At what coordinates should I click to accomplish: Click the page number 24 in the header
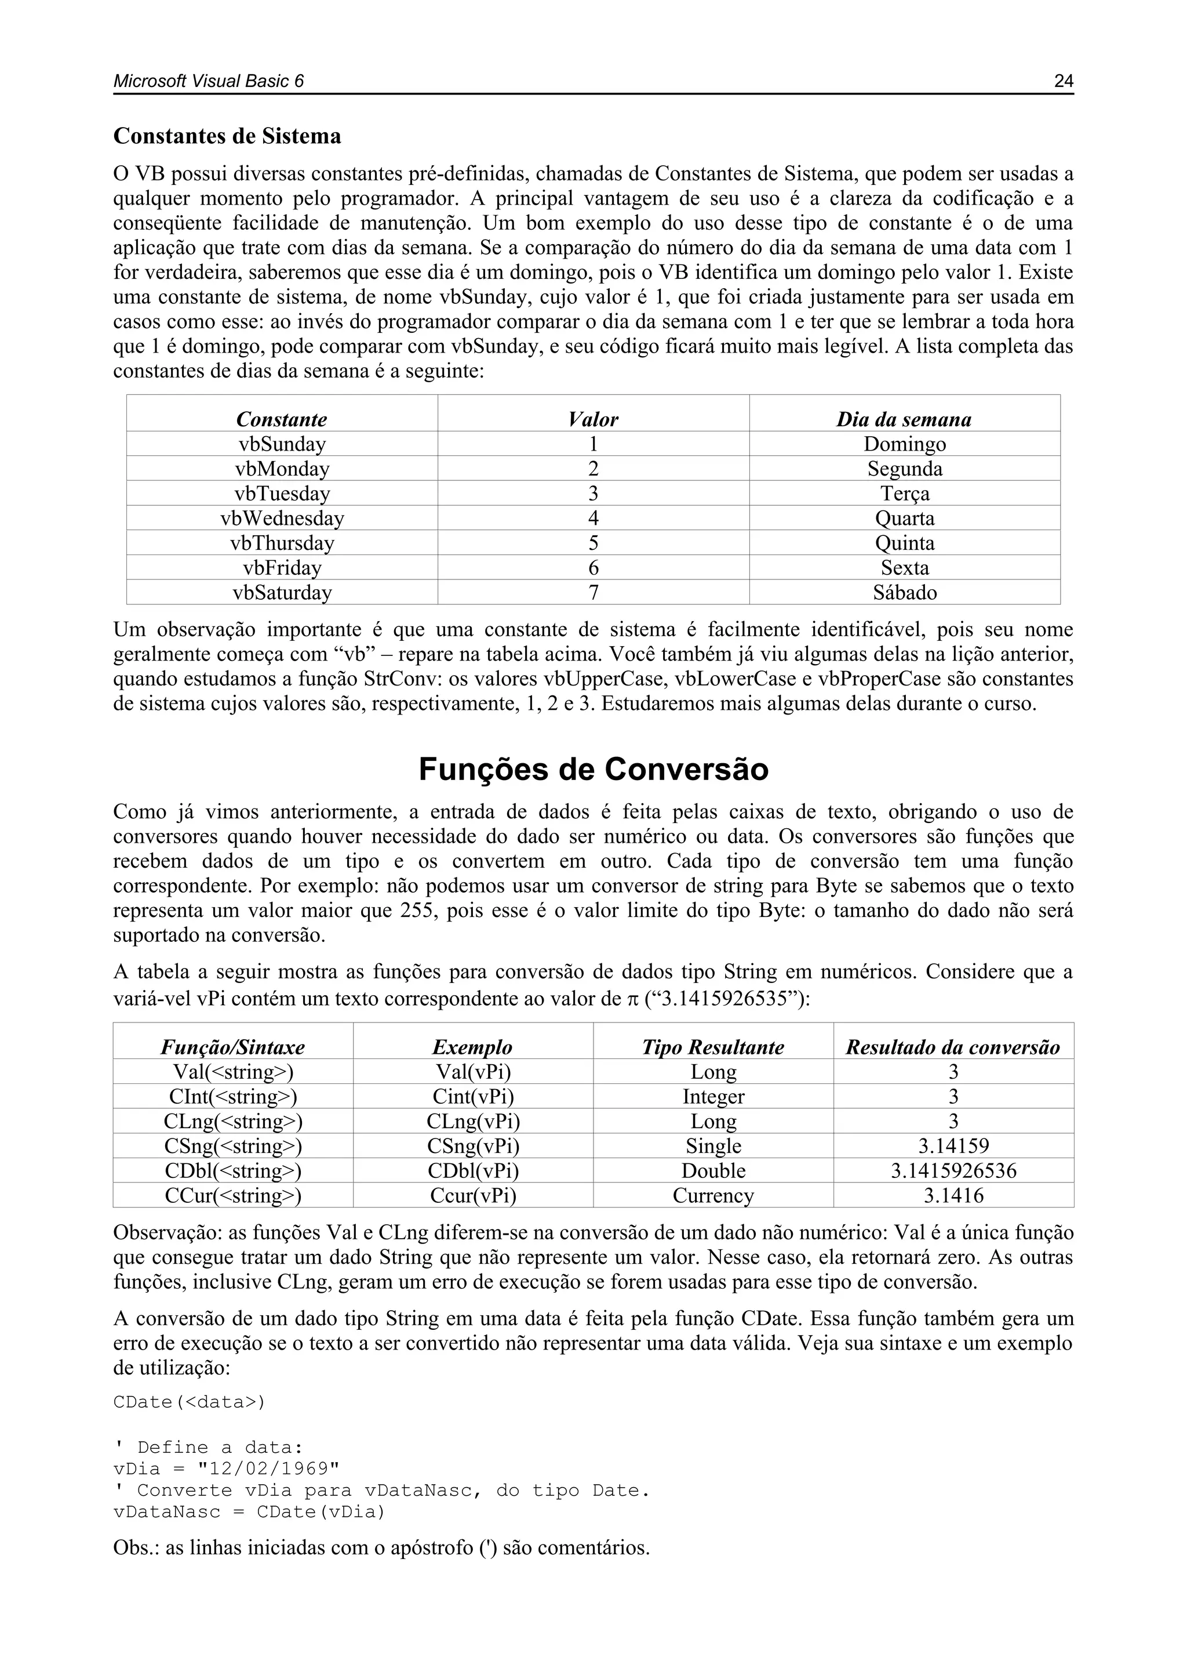click(x=1064, y=81)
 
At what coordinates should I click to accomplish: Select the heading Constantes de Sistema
click(x=227, y=137)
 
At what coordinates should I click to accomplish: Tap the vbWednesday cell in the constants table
click(x=282, y=518)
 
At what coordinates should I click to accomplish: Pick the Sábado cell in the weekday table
click(x=904, y=592)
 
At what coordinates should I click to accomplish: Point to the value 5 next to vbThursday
click(x=593, y=543)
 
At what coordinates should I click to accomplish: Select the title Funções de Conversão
click(x=593, y=769)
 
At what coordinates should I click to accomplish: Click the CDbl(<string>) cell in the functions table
click(x=233, y=1171)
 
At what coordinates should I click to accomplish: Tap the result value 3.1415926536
click(x=953, y=1171)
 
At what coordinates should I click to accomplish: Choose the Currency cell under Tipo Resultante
click(x=713, y=1196)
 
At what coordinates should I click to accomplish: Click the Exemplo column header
click(x=472, y=1047)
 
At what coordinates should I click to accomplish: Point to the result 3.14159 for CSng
click(x=953, y=1146)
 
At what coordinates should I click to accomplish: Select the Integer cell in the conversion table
click(x=713, y=1097)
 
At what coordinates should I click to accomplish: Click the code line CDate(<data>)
click(x=190, y=1402)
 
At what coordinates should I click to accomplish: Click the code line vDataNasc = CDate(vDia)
click(x=249, y=1511)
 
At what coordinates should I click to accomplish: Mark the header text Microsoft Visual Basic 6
click(x=208, y=81)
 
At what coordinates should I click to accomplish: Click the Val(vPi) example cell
click(x=473, y=1072)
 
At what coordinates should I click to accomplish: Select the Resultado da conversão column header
click(x=953, y=1047)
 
